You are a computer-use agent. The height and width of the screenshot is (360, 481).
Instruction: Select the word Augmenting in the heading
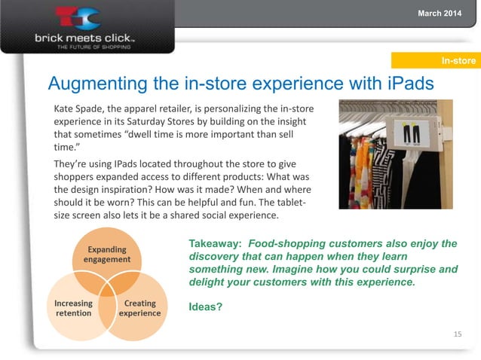pyautogui.click(x=94, y=82)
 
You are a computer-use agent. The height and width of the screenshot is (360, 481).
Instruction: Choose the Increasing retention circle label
pyautogui.click(x=73, y=308)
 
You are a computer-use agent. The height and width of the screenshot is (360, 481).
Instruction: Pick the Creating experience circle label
pyautogui.click(x=139, y=308)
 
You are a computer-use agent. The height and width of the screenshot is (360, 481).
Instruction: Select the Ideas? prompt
pyautogui.click(x=205, y=307)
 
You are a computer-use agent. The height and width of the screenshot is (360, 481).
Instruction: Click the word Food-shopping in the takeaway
pyautogui.click(x=286, y=245)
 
